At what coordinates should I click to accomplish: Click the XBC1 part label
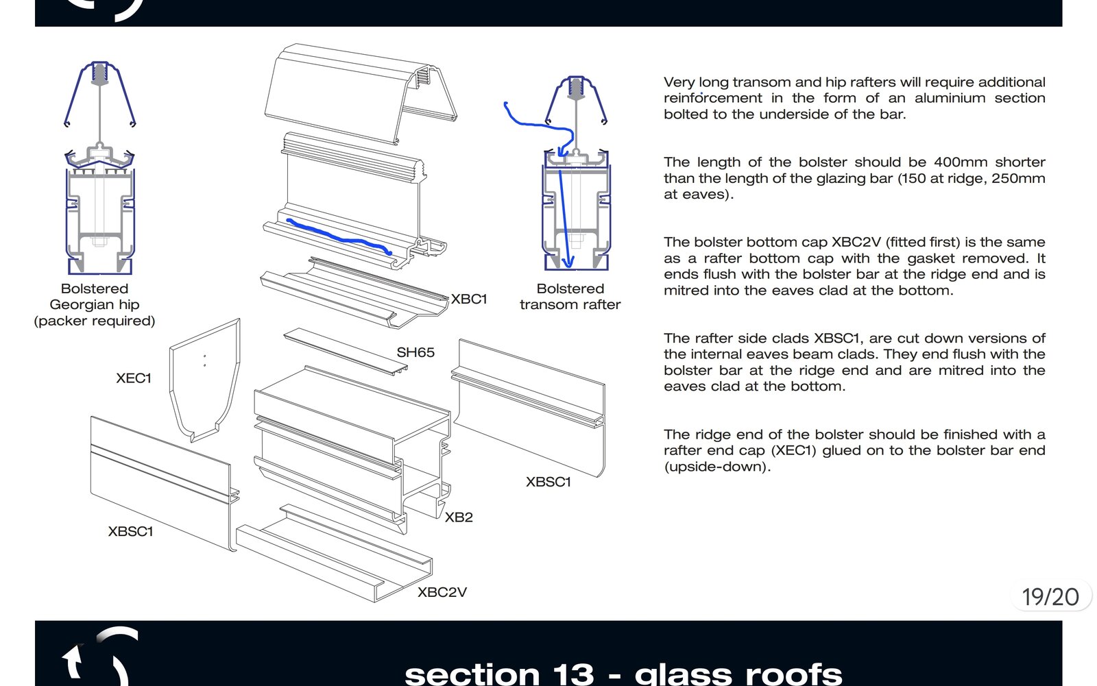coord(469,299)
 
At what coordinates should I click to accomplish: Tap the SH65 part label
coord(415,352)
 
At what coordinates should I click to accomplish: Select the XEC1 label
coord(133,378)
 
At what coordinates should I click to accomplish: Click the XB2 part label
coord(459,517)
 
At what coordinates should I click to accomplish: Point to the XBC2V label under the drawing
coord(442,592)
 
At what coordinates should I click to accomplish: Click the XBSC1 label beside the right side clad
coord(548,482)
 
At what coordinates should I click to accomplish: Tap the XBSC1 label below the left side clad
coord(130,531)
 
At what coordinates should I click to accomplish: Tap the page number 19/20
coord(1050,597)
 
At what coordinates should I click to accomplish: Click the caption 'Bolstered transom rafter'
coord(570,297)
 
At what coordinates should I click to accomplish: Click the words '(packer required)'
coord(95,321)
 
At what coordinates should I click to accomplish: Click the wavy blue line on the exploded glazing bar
coord(339,237)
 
